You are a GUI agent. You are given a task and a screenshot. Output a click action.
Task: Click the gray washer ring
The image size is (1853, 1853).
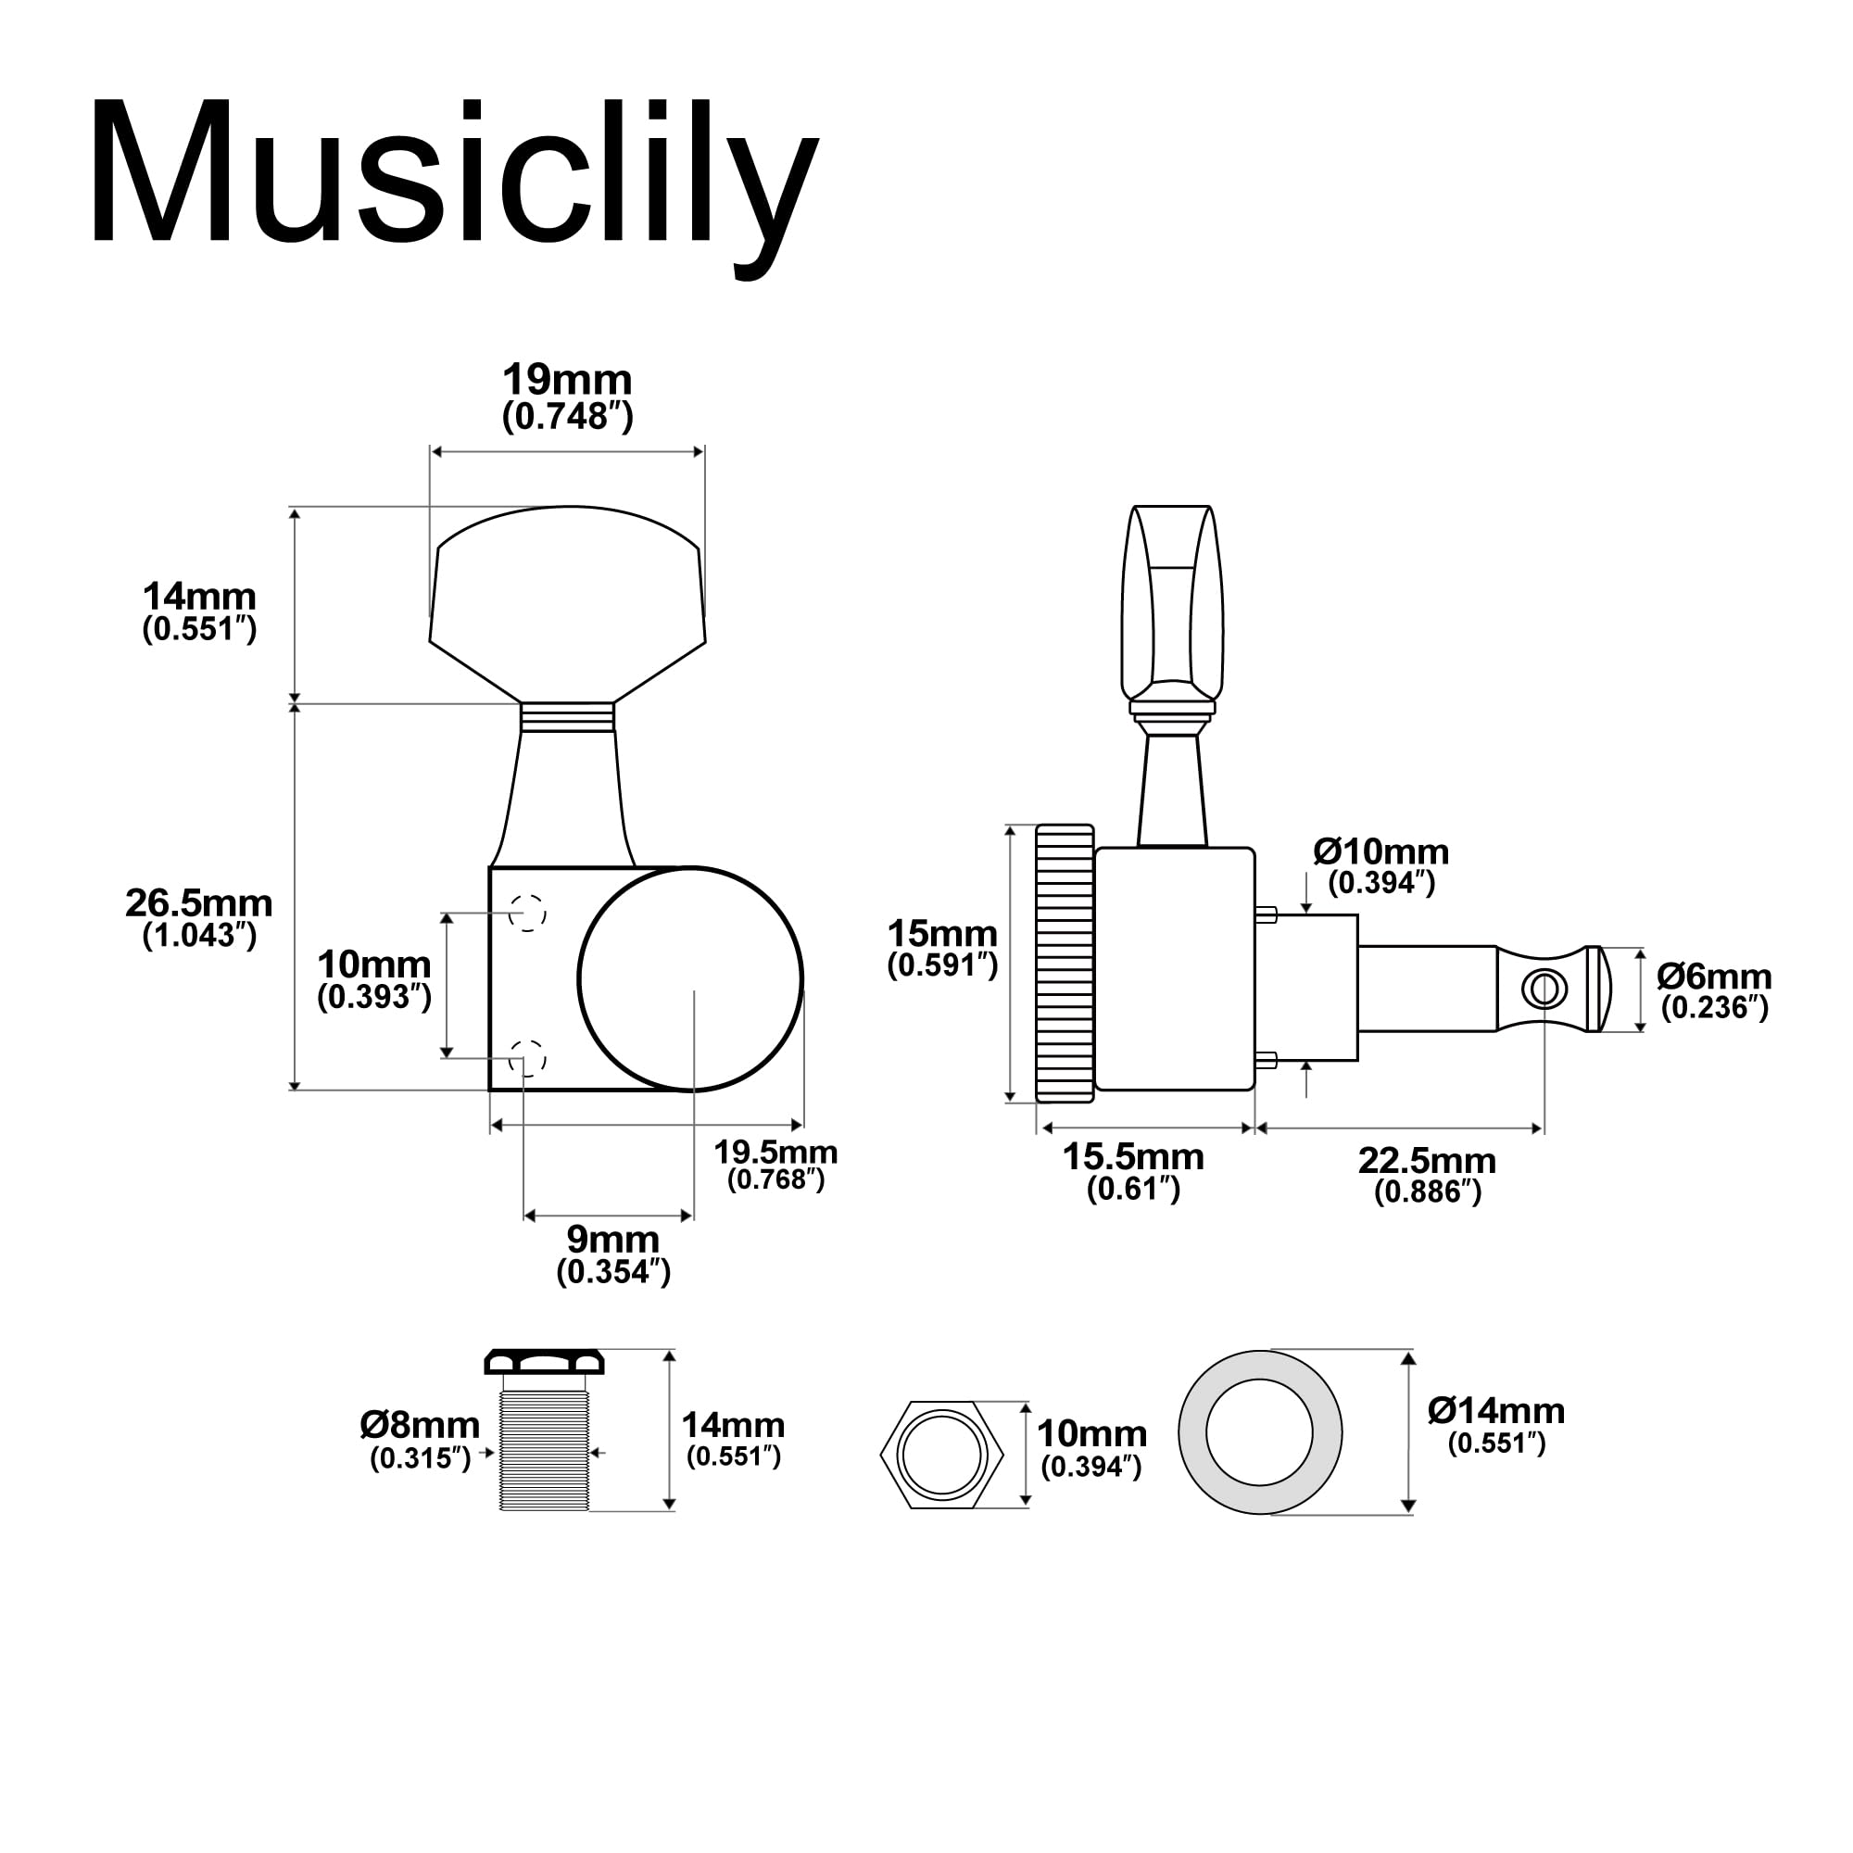[x=1192, y=1433]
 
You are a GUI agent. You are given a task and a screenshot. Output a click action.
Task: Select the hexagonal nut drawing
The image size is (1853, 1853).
[x=942, y=1454]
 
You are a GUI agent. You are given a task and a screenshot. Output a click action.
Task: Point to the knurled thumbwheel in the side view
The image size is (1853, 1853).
[x=1065, y=963]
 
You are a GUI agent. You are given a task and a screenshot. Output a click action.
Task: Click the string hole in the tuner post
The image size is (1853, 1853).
[x=1545, y=989]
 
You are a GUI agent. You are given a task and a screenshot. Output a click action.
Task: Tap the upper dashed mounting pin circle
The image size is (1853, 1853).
[x=526, y=912]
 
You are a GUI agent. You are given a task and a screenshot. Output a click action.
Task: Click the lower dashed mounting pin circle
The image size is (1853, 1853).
[x=526, y=1058]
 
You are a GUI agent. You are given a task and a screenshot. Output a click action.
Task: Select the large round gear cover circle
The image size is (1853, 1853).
[x=689, y=979]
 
